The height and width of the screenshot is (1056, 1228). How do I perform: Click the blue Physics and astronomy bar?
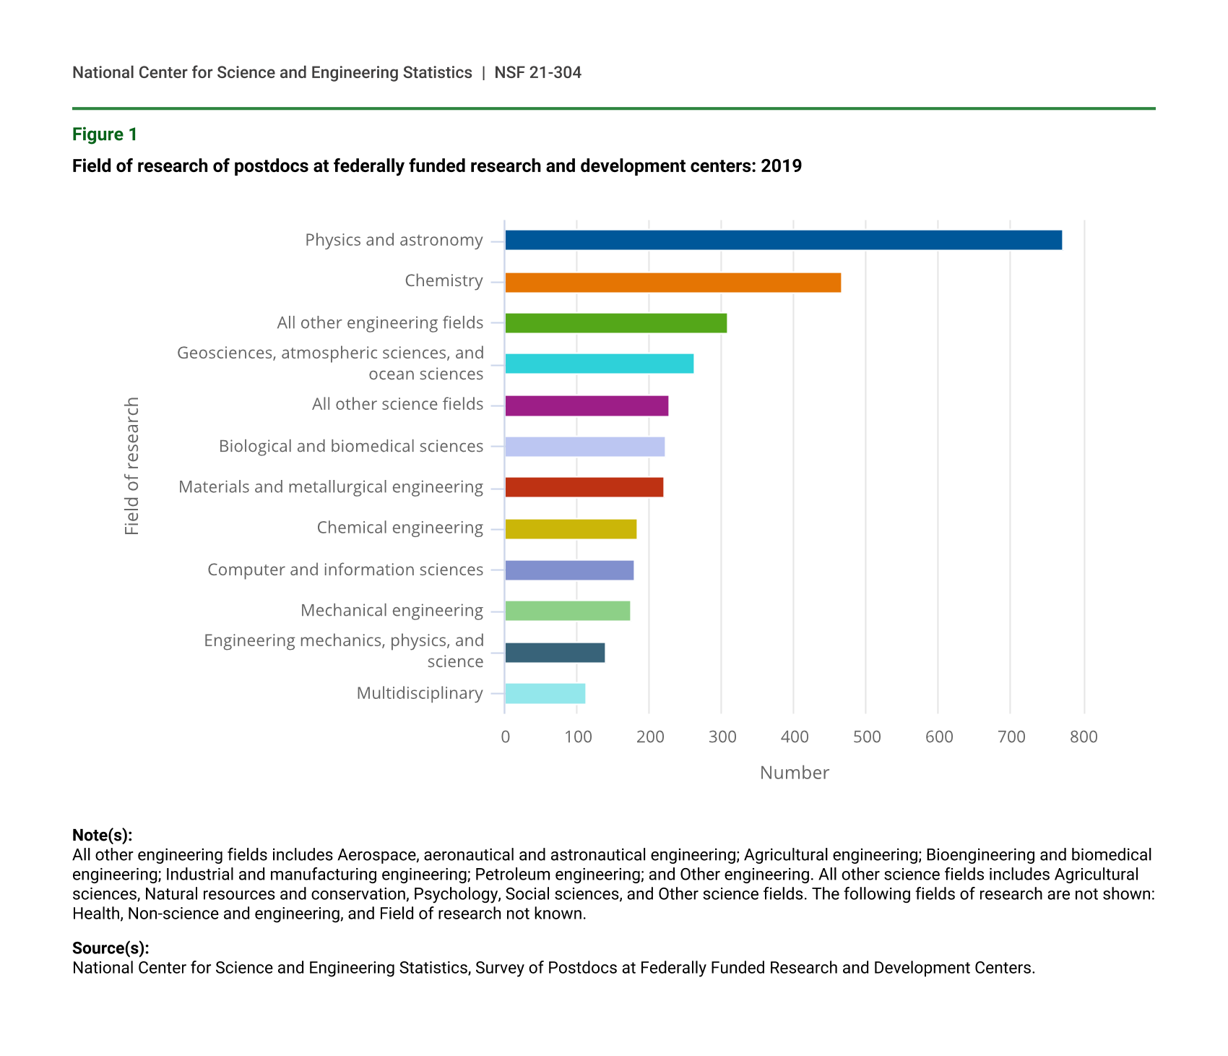(x=783, y=240)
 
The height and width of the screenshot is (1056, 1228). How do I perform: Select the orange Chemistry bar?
(x=673, y=282)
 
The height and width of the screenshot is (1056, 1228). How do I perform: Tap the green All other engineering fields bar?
(x=615, y=323)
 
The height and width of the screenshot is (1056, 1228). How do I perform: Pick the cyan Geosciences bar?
(x=599, y=364)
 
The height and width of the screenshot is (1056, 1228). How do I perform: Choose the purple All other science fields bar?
(x=587, y=405)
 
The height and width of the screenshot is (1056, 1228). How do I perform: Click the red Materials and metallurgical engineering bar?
(x=584, y=487)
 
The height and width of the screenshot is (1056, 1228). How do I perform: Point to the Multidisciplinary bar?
(x=545, y=693)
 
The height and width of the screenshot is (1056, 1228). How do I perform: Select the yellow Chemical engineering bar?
(x=571, y=529)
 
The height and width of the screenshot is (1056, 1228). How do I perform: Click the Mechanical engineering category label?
(x=392, y=611)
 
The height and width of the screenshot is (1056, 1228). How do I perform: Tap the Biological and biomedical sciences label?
(x=351, y=447)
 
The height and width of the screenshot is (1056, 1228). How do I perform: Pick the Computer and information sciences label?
(x=345, y=570)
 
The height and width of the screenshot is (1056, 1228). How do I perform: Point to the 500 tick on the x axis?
(x=867, y=737)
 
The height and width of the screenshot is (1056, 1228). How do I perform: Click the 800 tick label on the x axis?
(x=1084, y=737)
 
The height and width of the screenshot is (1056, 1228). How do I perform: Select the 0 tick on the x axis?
(x=505, y=737)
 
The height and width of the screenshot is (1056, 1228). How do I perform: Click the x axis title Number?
(x=794, y=773)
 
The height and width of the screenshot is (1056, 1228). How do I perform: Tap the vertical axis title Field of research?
(x=131, y=466)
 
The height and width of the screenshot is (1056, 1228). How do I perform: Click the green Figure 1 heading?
(x=105, y=134)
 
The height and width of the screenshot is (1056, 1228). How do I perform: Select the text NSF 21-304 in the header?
(x=537, y=73)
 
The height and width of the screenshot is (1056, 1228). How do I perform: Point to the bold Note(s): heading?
(x=103, y=836)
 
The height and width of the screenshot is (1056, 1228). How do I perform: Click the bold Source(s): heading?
(x=111, y=948)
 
